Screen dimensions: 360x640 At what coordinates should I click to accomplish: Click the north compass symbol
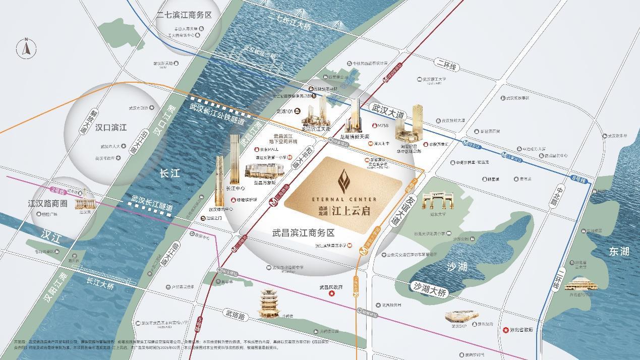[26, 48]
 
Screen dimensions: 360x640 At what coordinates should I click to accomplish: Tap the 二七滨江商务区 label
[184, 15]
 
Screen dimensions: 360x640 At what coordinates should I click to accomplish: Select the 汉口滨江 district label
[111, 128]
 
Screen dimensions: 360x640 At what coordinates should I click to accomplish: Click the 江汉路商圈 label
[47, 204]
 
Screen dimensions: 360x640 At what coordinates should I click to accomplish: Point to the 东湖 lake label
[618, 252]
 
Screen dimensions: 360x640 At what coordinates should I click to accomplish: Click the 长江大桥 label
[100, 284]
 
